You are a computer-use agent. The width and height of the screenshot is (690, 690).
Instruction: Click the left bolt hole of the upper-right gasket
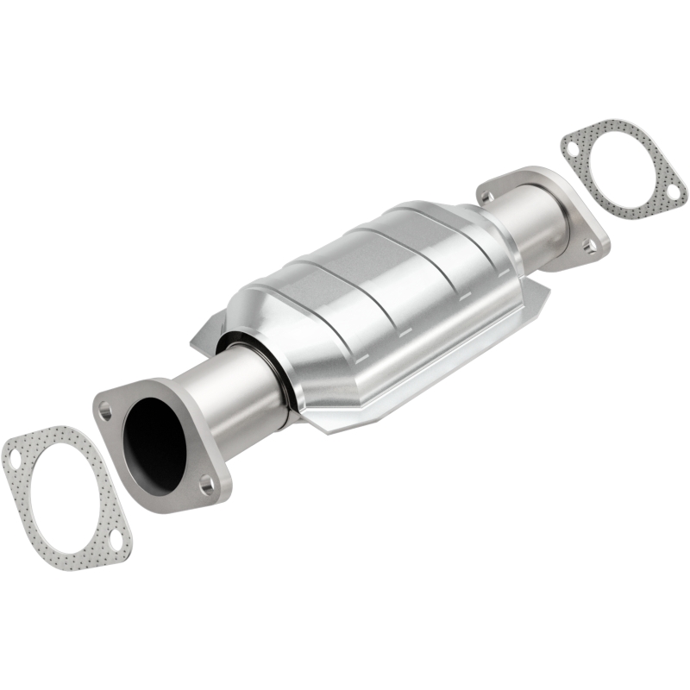(x=574, y=149)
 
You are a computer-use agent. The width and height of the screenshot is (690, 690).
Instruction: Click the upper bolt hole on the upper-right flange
(x=490, y=197)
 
